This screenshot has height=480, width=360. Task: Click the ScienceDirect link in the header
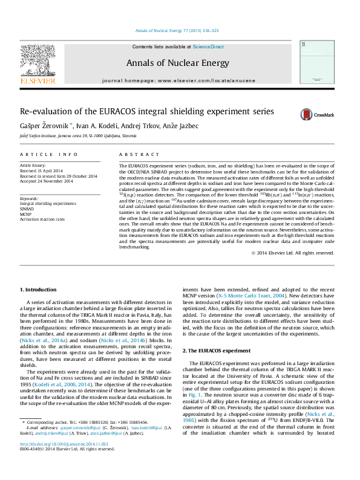click(208, 47)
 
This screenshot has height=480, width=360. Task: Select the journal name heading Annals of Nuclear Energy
click(177, 63)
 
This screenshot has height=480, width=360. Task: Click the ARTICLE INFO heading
click(49, 155)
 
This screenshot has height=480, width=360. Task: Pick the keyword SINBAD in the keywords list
click(28, 209)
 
